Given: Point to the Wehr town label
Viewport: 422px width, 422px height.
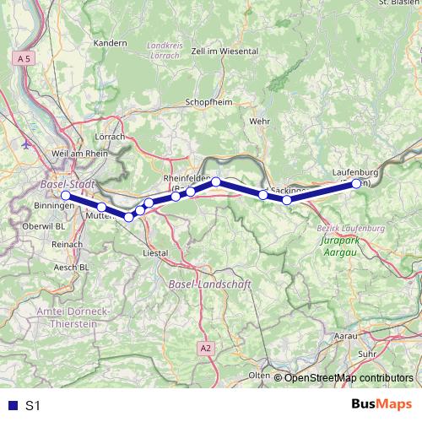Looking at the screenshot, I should click(x=258, y=122).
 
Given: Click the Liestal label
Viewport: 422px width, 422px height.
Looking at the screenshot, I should click(x=157, y=252).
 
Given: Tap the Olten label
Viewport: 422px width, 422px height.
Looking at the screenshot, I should click(x=259, y=374).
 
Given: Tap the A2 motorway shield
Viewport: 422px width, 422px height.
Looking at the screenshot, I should click(x=206, y=347).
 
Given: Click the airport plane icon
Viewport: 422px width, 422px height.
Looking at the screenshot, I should click(x=24, y=143).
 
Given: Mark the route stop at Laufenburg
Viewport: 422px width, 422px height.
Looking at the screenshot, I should click(x=356, y=183).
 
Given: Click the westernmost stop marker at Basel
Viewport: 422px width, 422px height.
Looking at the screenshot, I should click(x=66, y=196).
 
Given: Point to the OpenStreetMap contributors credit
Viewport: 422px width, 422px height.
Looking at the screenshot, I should click(x=349, y=378).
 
